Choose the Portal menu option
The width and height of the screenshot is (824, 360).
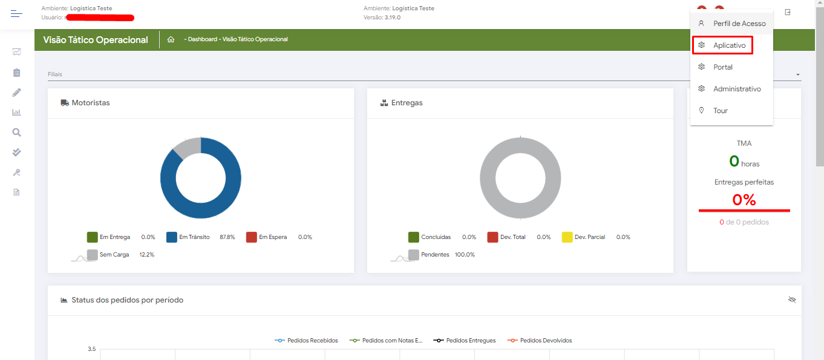(x=722, y=67)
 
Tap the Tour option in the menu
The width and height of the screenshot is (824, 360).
(x=720, y=111)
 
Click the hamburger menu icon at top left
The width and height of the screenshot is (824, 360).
(x=16, y=13)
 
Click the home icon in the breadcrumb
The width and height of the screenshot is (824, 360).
(x=171, y=39)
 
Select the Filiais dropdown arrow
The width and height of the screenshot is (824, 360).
(x=798, y=74)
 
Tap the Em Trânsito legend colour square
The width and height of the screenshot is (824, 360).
(x=172, y=237)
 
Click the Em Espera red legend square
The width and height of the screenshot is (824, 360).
(x=252, y=237)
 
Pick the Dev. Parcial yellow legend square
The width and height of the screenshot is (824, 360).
(x=567, y=237)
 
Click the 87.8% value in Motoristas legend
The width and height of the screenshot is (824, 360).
(x=227, y=237)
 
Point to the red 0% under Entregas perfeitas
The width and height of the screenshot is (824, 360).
(x=744, y=200)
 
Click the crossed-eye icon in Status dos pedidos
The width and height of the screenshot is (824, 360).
(x=792, y=299)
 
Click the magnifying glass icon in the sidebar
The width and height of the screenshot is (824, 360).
(x=17, y=133)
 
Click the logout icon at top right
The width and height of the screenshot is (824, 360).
(x=788, y=12)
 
